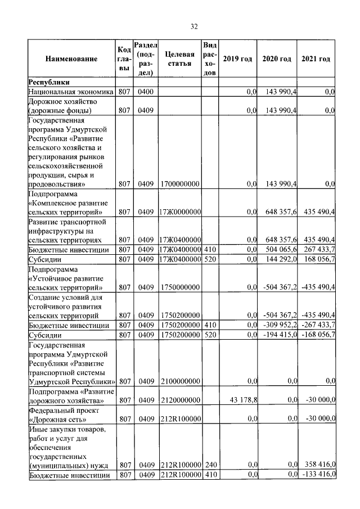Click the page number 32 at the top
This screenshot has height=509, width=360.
point(194,26)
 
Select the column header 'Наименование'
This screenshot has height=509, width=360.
point(71,59)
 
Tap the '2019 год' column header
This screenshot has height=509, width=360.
point(237,59)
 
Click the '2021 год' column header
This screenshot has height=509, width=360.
point(316,59)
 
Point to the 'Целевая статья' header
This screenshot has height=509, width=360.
point(180,59)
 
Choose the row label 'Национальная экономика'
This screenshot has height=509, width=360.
point(71,91)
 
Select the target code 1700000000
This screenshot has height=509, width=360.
point(179,183)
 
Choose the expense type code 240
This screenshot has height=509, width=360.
point(210,465)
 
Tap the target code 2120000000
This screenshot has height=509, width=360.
point(179,400)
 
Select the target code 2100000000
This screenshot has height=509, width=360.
point(179,381)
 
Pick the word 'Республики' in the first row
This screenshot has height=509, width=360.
point(49,82)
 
